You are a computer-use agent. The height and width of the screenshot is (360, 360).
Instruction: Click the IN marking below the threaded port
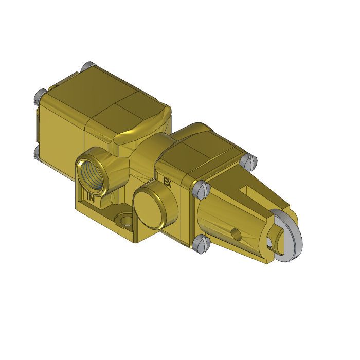click(x=91, y=196)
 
